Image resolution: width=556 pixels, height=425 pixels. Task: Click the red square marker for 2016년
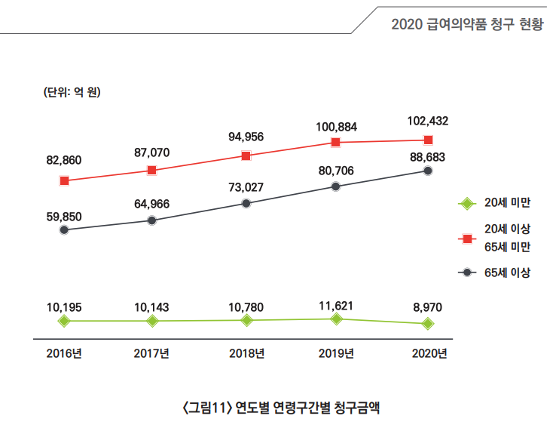pyautogui.click(x=64, y=181)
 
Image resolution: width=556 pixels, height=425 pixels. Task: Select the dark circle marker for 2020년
pyautogui.click(x=428, y=171)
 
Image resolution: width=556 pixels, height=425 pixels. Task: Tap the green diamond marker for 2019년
pyautogui.click(x=336, y=319)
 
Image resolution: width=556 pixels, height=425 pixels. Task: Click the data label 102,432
pyautogui.click(x=428, y=122)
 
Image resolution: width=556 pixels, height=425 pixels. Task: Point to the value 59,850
pyautogui.click(x=64, y=217)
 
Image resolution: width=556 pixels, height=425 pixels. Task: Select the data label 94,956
pyautogui.click(x=246, y=137)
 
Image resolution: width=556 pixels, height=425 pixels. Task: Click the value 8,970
pyautogui.click(x=428, y=307)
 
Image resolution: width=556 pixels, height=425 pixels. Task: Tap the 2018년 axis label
pyautogui.click(x=247, y=353)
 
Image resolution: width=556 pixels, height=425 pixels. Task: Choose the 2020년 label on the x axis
pyautogui.click(x=429, y=353)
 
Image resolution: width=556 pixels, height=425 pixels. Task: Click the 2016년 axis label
pyautogui.click(x=64, y=353)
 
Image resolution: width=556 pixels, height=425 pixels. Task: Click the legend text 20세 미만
pyautogui.click(x=508, y=202)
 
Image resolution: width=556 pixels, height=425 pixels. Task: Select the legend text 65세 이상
pyautogui.click(x=508, y=273)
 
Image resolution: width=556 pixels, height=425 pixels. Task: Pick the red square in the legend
pyautogui.click(x=467, y=239)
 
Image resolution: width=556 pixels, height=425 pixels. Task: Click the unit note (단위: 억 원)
pyautogui.click(x=72, y=92)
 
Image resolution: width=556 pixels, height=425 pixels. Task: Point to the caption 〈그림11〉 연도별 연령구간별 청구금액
pyautogui.click(x=281, y=408)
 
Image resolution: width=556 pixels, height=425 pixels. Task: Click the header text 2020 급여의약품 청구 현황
pyautogui.click(x=467, y=24)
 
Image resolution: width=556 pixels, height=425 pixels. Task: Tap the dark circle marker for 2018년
pyautogui.click(x=246, y=203)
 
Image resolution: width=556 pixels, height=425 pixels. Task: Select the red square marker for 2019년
pyautogui.click(x=336, y=143)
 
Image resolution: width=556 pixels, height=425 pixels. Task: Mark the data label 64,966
pyautogui.click(x=151, y=204)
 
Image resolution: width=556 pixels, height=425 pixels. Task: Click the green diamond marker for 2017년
pyautogui.click(x=152, y=322)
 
